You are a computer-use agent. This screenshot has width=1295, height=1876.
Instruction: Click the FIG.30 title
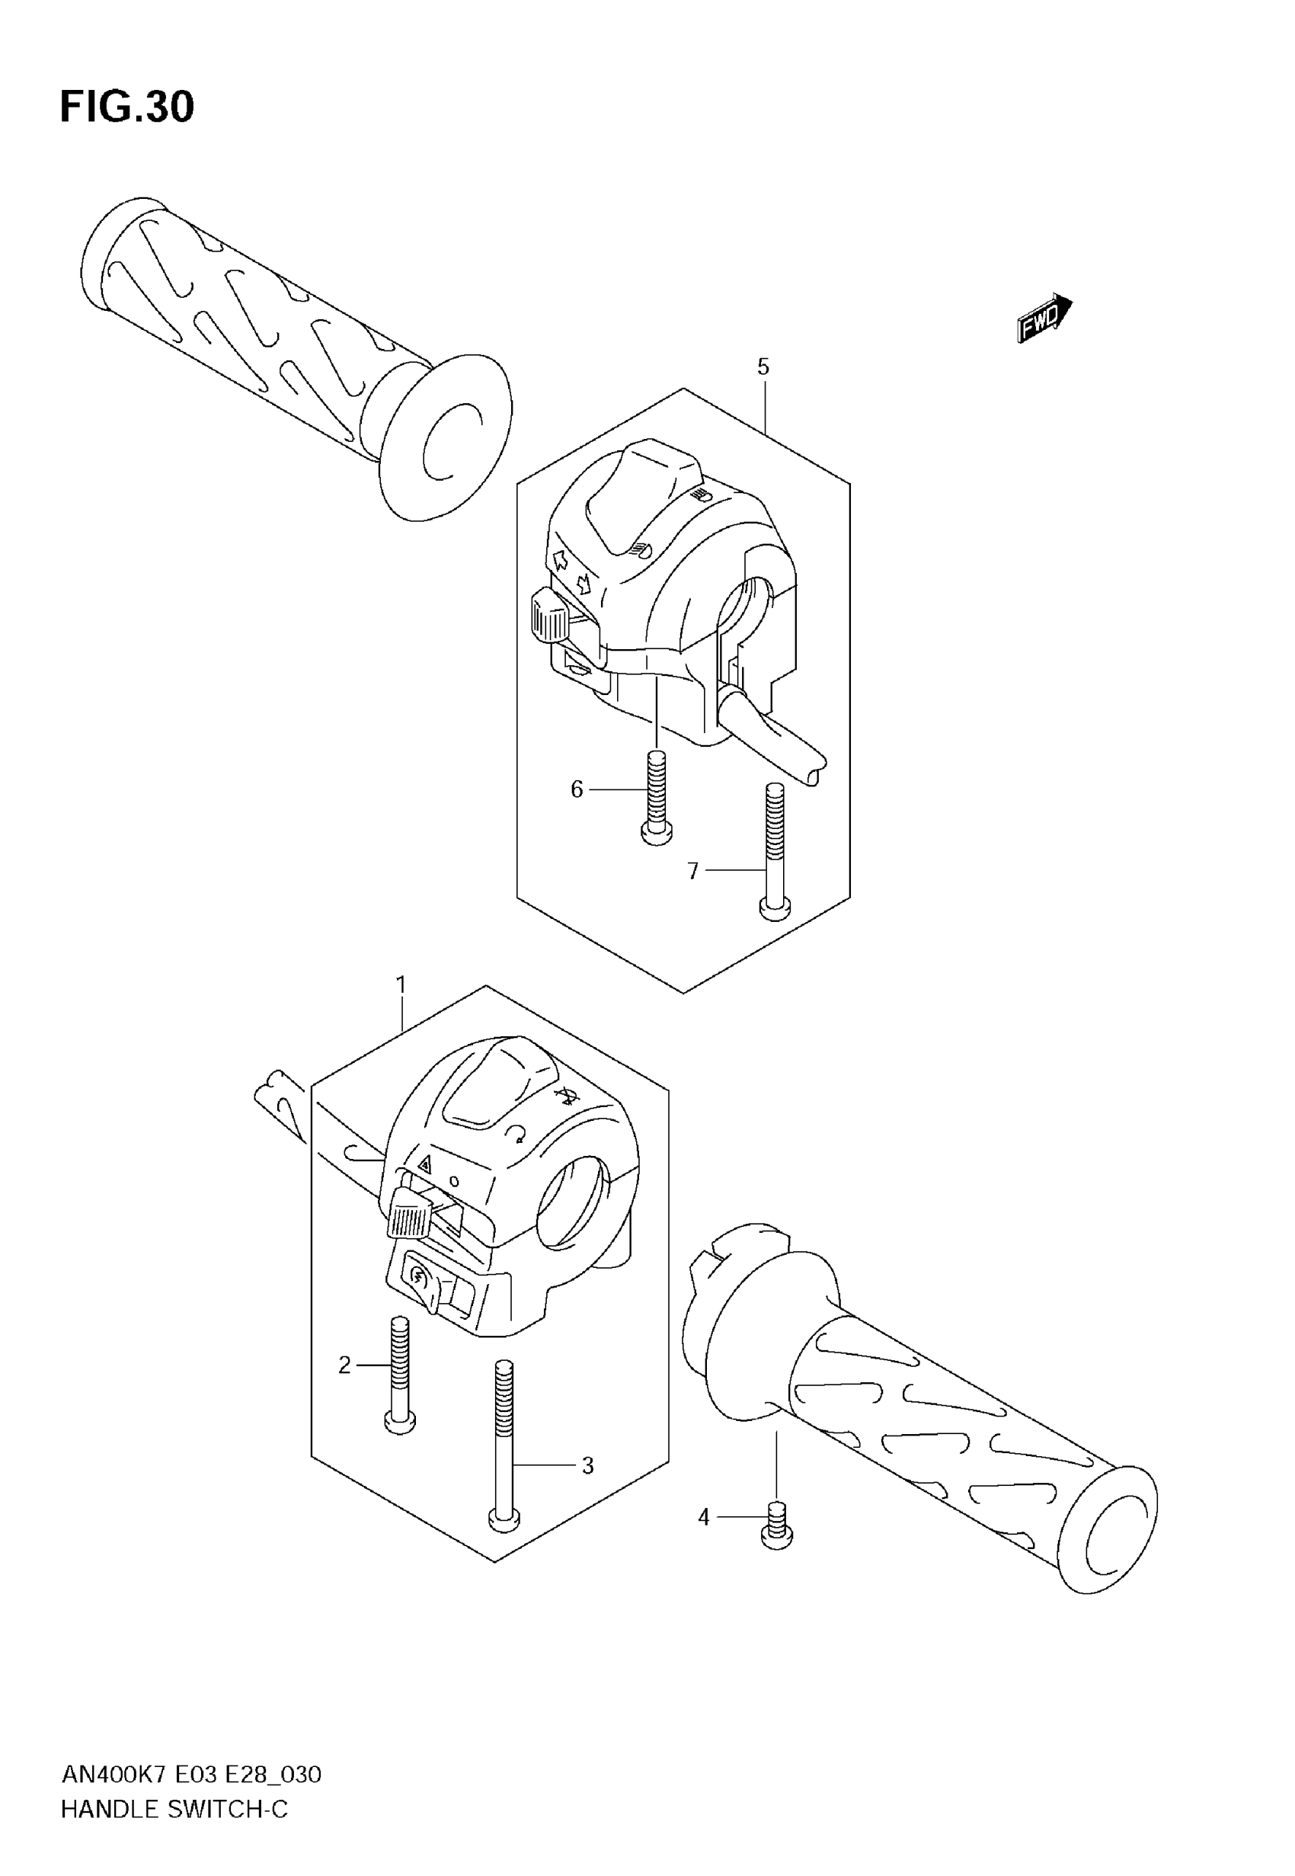tap(127, 107)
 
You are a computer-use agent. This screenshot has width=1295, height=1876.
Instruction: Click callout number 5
tap(763, 367)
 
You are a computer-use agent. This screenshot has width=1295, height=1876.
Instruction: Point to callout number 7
tap(693, 872)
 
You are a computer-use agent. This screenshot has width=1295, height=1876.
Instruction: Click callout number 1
tap(401, 985)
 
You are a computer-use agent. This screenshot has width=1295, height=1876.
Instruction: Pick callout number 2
tap(345, 1365)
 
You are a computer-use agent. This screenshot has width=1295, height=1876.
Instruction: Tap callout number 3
tap(588, 1466)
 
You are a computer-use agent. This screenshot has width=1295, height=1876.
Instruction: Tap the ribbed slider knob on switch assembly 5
tap(548, 617)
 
